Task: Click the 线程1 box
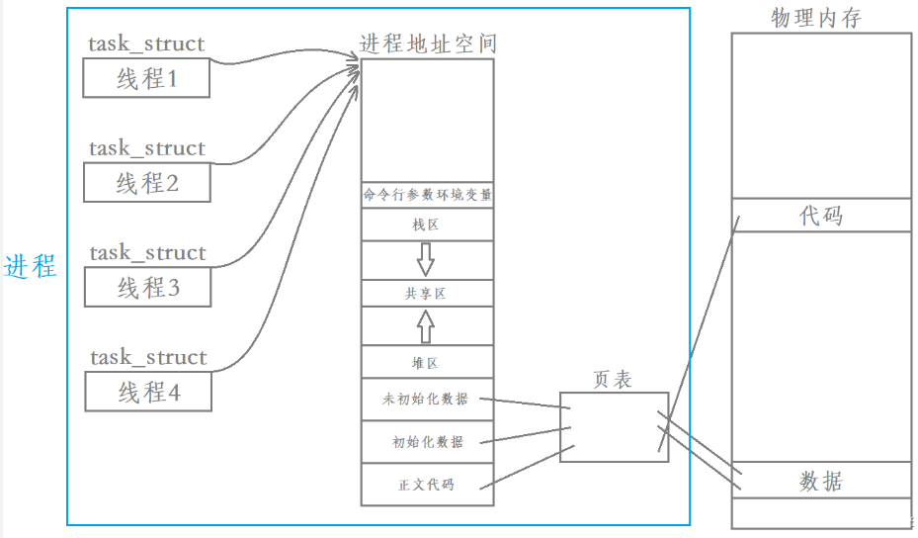point(146,78)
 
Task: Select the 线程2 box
point(146,183)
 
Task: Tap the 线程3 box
point(147,288)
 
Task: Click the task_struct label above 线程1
point(146,44)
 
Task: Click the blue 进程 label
point(31,267)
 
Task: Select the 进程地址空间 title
point(427,44)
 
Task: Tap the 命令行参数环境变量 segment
point(427,196)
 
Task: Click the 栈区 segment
point(427,225)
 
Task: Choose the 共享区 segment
point(427,294)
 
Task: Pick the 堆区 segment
point(427,362)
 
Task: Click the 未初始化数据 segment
point(427,401)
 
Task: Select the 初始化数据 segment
point(427,442)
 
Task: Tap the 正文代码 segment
point(427,485)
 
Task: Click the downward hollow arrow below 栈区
point(426,259)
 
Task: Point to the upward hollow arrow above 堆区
point(426,325)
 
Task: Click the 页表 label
point(613,379)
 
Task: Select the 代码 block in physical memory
point(820,215)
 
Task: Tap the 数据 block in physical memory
point(820,482)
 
